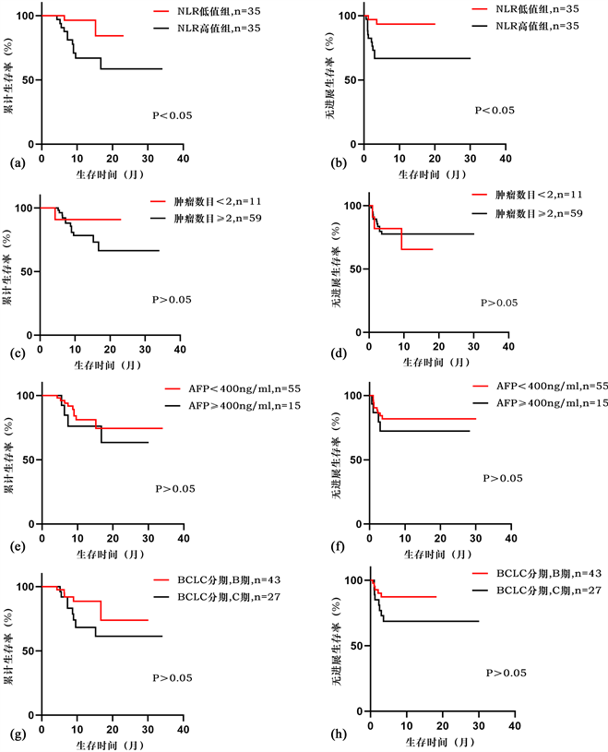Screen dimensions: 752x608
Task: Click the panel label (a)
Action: pyautogui.click(x=11, y=163)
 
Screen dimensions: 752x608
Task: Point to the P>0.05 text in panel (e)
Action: pyautogui.click(x=174, y=489)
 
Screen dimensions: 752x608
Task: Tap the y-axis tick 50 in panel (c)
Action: pyautogui.click(x=30, y=270)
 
